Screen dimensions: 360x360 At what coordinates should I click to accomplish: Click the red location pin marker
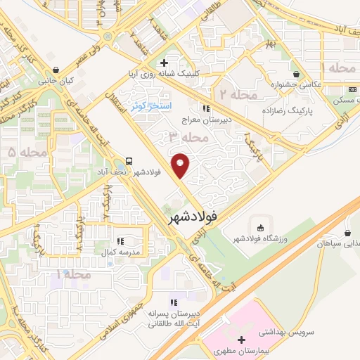182,166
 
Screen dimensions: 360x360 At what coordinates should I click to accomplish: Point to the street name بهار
271,44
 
